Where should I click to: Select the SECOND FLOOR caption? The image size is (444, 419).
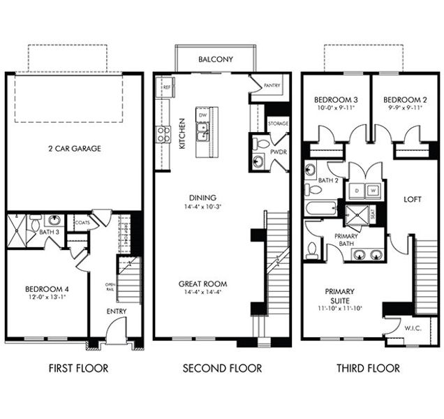[222, 368]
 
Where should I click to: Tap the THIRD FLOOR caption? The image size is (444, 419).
[368, 368]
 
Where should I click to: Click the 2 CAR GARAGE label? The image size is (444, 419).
[75, 149]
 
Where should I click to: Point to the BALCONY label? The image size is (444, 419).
[216, 59]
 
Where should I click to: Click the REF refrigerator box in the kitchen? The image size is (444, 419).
[168, 89]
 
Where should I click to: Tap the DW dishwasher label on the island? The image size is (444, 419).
[202, 115]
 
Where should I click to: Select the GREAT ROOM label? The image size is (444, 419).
[202, 284]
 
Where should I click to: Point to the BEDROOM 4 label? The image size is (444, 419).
[46, 289]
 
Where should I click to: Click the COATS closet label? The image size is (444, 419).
[82, 223]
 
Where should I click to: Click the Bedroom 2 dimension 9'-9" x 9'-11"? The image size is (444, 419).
[403, 108]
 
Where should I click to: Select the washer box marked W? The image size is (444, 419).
[373, 190]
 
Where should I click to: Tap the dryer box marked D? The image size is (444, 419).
[357, 190]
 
